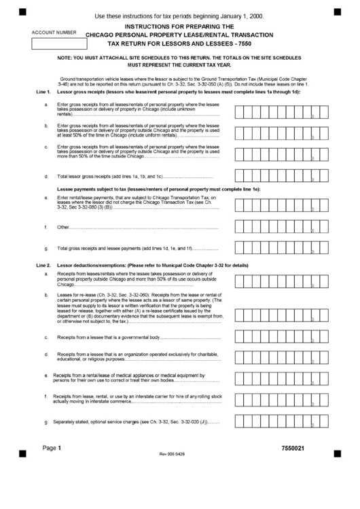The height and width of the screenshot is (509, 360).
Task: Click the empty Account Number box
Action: (60, 44)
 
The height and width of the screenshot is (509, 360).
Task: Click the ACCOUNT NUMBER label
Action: (54, 33)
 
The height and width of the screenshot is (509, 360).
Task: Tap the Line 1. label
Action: (42, 90)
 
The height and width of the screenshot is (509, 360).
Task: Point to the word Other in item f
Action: (63, 227)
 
